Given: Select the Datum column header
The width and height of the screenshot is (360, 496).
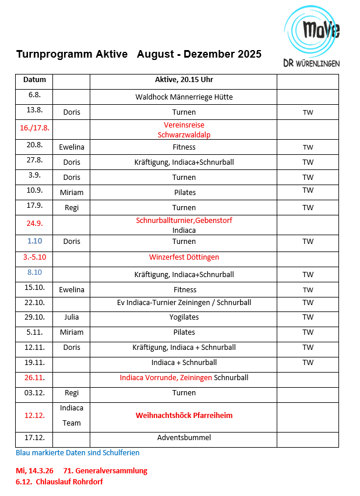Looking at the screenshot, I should click(x=34, y=80).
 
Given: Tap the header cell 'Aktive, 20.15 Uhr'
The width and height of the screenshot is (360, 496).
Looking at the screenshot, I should click(x=183, y=80).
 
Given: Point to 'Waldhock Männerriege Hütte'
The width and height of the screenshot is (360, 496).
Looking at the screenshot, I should click(x=183, y=97).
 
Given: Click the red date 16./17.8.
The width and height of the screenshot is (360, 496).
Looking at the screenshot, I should click(x=34, y=127).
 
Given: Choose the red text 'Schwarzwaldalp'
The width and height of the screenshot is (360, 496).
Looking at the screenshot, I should click(x=183, y=134).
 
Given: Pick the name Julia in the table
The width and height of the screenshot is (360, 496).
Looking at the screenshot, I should click(x=71, y=317).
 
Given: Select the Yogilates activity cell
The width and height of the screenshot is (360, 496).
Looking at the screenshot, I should click(x=183, y=317).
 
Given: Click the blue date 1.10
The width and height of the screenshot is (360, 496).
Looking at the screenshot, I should click(x=34, y=241).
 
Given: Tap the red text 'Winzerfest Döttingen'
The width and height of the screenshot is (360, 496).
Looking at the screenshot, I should click(x=183, y=257).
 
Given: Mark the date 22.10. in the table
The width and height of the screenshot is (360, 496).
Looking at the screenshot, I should click(x=34, y=302).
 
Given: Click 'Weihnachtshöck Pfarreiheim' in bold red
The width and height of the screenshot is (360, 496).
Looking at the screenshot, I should click(x=183, y=416).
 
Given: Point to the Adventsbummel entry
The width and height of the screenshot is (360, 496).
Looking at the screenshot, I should click(x=183, y=438).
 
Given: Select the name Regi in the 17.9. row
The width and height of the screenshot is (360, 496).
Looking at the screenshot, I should click(x=71, y=207).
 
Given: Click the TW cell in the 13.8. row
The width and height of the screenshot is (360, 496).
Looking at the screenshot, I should click(x=308, y=112).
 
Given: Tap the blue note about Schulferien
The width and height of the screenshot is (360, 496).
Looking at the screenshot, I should click(x=77, y=452).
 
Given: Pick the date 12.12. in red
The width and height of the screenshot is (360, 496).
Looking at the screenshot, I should click(x=34, y=416).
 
